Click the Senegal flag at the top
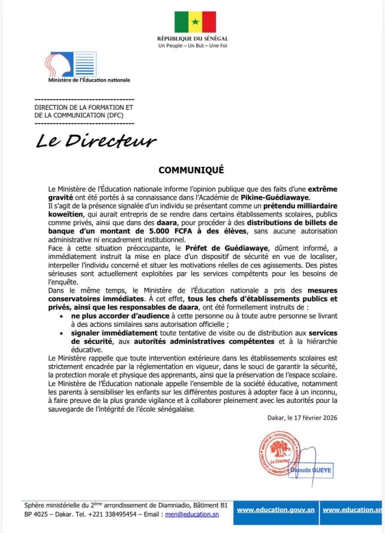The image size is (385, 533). coord(195,22)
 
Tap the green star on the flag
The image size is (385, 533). coord(195,22)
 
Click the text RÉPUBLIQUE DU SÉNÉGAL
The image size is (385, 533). coord(192,38)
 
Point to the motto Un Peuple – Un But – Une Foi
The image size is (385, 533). coord(192,46)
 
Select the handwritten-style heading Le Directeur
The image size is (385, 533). coord(96,141)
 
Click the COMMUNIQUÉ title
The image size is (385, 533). coord(191,170)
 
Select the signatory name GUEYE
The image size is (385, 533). coord(321,471)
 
